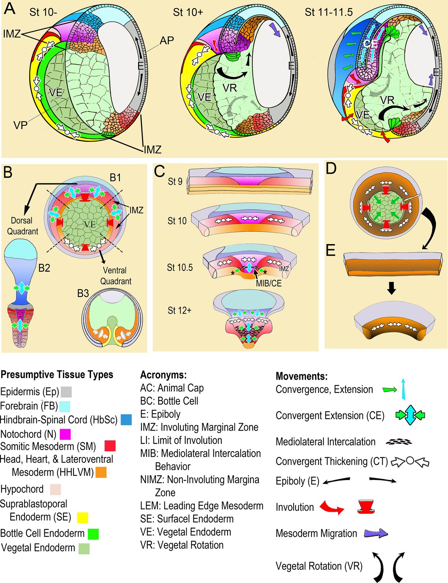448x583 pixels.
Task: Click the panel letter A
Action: [9, 9]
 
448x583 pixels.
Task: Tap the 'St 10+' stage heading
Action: [188, 12]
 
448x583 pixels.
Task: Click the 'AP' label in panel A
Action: [166, 40]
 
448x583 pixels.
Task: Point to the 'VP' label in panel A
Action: [20, 125]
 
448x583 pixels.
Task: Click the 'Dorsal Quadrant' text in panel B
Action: [22, 226]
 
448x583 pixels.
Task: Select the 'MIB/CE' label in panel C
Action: [268, 283]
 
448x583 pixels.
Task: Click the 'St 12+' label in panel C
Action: [179, 311]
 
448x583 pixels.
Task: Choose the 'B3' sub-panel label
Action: [83, 293]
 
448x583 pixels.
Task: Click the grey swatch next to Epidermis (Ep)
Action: [66, 391]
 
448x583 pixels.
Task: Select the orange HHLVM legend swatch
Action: [101, 472]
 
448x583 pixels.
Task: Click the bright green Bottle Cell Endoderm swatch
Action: [93, 534]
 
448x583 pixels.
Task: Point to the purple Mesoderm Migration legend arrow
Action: [376, 534]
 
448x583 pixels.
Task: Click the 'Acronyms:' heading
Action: [163, 375]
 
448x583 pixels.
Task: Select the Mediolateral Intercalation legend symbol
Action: [399, 442]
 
